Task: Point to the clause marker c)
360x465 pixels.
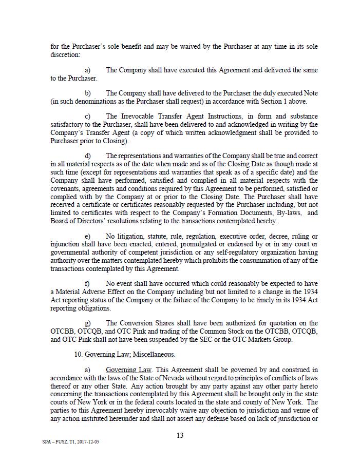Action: (88, 117)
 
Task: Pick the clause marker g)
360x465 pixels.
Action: (88, 323)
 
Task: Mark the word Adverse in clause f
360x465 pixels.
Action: (97, 292)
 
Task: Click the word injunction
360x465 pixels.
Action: (66, 244)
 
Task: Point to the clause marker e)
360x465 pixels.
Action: (88, 237)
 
